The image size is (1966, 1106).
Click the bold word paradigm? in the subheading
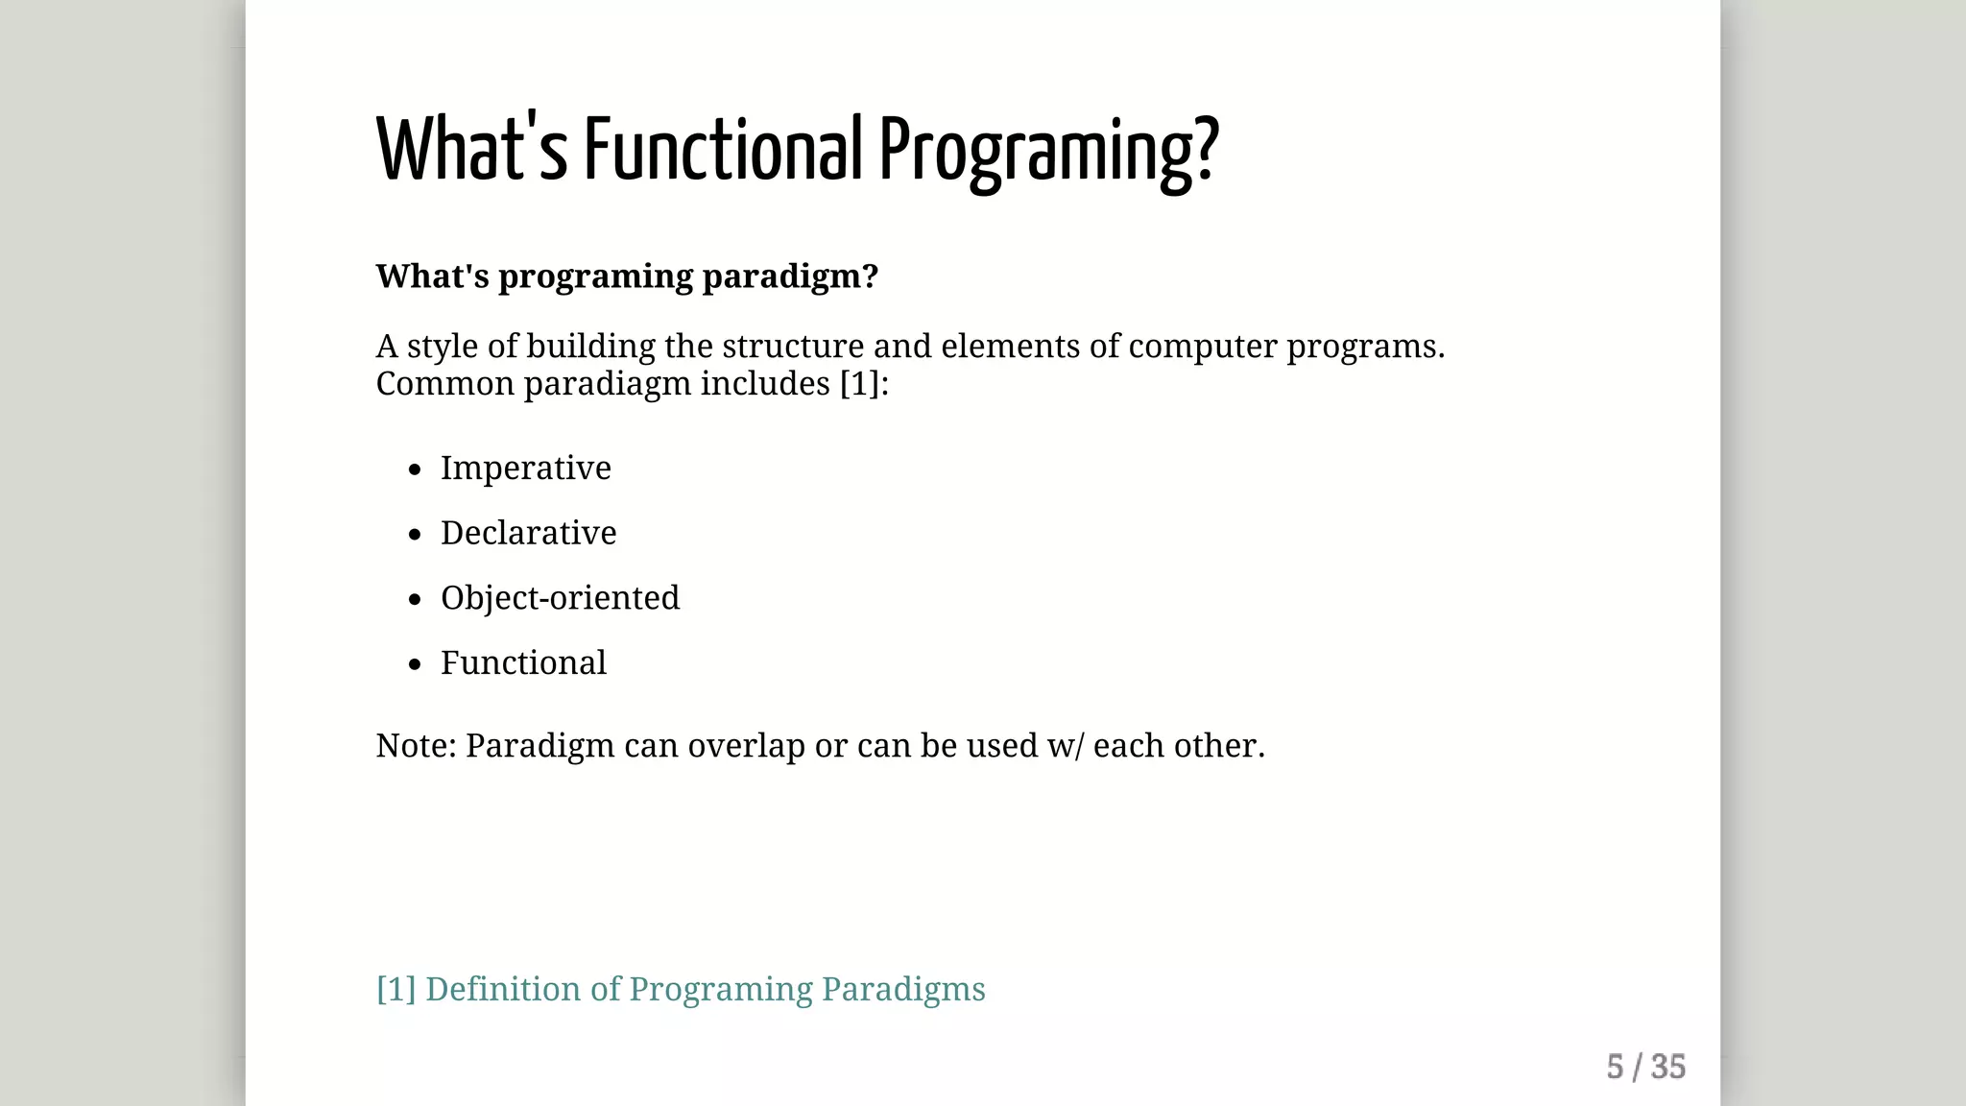790,276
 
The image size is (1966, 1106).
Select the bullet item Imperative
525,469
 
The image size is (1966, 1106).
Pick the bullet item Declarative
528,533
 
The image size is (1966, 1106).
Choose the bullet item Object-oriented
560,598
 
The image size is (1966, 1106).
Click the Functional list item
523,663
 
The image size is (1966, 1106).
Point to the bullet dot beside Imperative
415,469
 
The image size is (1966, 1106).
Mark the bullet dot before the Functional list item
415,664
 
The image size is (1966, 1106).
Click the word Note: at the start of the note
416,746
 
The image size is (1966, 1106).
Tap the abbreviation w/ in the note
1065,746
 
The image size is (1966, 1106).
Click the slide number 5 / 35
1645,1068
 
